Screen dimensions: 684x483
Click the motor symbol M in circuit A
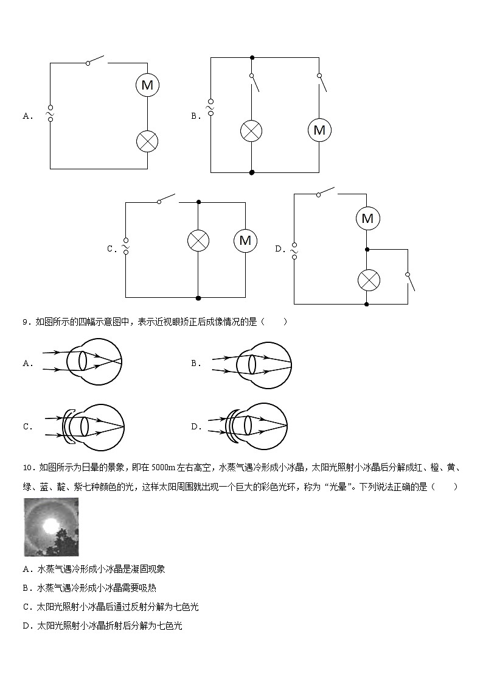tap(147, 85)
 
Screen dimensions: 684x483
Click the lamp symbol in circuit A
tap(147, 141)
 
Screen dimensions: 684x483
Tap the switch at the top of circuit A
tap(96, 61)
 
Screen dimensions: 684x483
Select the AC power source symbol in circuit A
tap(50, 113)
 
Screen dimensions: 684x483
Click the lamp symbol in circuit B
tap(251, 130)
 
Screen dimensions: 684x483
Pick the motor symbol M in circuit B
tap(319, 130)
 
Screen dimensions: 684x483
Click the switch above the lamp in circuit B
tap(254, 83)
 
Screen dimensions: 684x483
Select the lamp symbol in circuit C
tap(198, 241)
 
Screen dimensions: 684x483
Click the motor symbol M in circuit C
tap(245, 241)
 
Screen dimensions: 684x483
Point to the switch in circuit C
tap(166, 199)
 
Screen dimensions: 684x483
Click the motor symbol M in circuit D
tap(367, 218)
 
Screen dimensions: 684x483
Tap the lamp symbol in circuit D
tap(367, 280)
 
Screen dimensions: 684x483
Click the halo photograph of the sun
tap(52, 527)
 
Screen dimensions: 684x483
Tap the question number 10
tap(27, 468)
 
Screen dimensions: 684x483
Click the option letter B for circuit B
tap(196, 116)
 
